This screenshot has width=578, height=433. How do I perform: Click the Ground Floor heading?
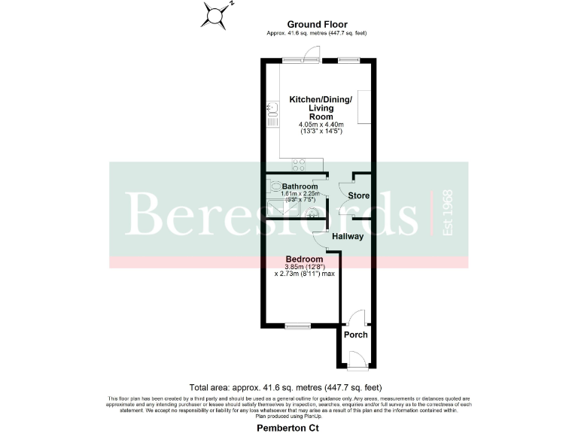(x=316, y=25)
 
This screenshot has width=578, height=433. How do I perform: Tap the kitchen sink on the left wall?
(x=272, y=116)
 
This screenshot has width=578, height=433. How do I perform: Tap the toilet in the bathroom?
(x=275, y=186)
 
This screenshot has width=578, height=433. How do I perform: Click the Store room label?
(x=358, y=196)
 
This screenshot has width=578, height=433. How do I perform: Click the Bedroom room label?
(x=304, y=259)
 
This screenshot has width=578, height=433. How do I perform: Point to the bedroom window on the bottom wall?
(x=298, y=326)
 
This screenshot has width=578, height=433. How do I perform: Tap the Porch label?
(x=355, y=335)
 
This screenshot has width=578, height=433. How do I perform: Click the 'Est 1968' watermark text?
(x=449, y=213)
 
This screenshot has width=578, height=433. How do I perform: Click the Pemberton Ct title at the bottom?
(x=289, y=425)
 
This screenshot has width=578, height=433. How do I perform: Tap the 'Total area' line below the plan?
(x=289, y=387)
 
